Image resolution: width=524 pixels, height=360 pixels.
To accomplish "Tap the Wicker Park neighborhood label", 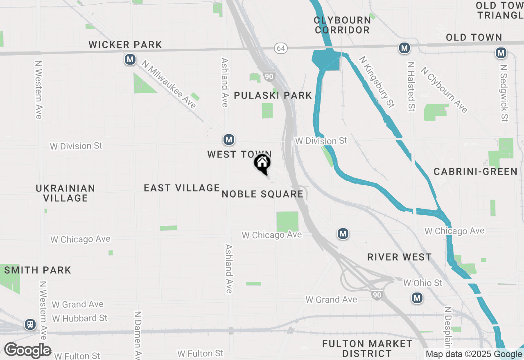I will [125, 45].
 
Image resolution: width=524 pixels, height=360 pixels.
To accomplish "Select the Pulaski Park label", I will [273, 95].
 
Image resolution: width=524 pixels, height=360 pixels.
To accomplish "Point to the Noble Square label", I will [262, 194].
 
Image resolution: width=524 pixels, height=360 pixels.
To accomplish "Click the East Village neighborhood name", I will [182, 188].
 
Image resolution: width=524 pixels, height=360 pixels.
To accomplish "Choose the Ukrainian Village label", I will [65, 193].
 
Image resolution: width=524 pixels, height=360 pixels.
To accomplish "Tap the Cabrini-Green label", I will [476, 171].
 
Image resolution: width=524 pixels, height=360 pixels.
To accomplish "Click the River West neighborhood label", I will [399, 257].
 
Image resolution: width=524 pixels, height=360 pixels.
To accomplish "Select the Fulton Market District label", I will [367, 348].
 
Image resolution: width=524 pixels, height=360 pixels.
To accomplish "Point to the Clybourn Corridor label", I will [342, 25].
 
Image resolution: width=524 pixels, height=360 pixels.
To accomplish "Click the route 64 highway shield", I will [280, 48].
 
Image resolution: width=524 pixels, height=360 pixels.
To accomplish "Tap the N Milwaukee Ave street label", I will [169, 84].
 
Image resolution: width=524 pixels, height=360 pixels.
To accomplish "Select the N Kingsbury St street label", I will [377, 82].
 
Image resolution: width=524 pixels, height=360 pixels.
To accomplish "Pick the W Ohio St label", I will [422, 283].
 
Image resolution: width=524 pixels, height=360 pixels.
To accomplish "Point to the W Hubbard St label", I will [80, 318].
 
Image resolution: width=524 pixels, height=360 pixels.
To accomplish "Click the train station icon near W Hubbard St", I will [30, 324].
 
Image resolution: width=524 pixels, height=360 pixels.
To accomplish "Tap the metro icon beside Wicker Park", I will [130, 60].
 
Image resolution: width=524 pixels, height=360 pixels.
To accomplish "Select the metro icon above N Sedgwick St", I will [501, 53].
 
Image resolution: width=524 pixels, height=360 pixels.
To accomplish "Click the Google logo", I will [27, 350].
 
